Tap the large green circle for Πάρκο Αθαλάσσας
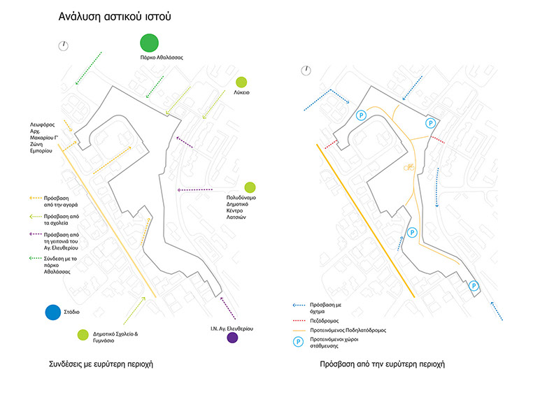coord(150,44)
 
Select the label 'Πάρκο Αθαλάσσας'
coord(162,57)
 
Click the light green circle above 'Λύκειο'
coord(241,82)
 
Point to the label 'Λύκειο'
coord(242,92)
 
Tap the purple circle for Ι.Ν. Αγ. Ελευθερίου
coord(232,338)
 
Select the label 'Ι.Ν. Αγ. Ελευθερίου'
coord(231,328)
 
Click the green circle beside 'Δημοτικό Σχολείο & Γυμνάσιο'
coord(83,335)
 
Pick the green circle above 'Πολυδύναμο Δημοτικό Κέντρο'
coord(250,187)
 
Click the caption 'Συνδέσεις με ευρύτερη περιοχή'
coord(101,364)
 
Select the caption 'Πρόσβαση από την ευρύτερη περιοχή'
coord(382,364)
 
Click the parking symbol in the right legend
coord(298,343)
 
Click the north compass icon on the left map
coord(62,45)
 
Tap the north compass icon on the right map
coord(305,70)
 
